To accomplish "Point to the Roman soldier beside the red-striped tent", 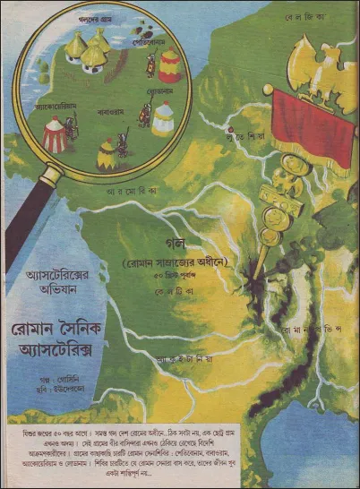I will [74, 131].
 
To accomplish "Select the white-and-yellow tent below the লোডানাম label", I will [162, 119].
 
